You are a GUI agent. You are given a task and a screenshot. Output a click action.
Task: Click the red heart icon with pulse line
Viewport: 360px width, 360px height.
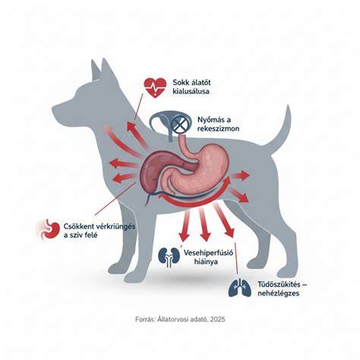point(155,88)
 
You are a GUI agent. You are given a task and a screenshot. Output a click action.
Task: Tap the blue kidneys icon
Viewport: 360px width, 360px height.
point(169,257)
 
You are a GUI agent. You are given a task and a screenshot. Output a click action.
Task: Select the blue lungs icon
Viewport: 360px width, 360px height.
point(240,287)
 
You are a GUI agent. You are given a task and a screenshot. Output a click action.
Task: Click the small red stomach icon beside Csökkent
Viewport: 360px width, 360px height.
point(51,229)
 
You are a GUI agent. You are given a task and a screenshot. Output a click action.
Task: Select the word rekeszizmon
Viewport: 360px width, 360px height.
point(218,128)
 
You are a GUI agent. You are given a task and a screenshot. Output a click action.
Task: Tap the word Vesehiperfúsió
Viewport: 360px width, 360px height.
point(208,253)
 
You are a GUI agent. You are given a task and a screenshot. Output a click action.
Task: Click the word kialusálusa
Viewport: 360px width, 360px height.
point(191,91)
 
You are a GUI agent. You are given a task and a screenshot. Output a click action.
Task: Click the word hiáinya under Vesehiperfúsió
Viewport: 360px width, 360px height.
point(206,261)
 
